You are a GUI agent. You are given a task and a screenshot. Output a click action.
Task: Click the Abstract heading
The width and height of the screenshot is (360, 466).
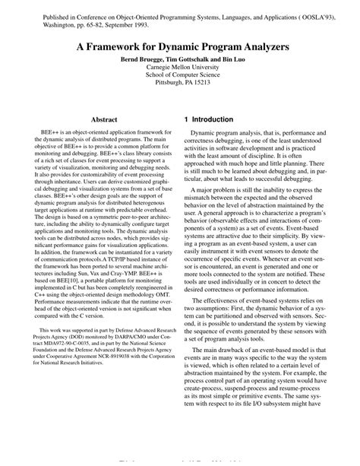tap(104, 120)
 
